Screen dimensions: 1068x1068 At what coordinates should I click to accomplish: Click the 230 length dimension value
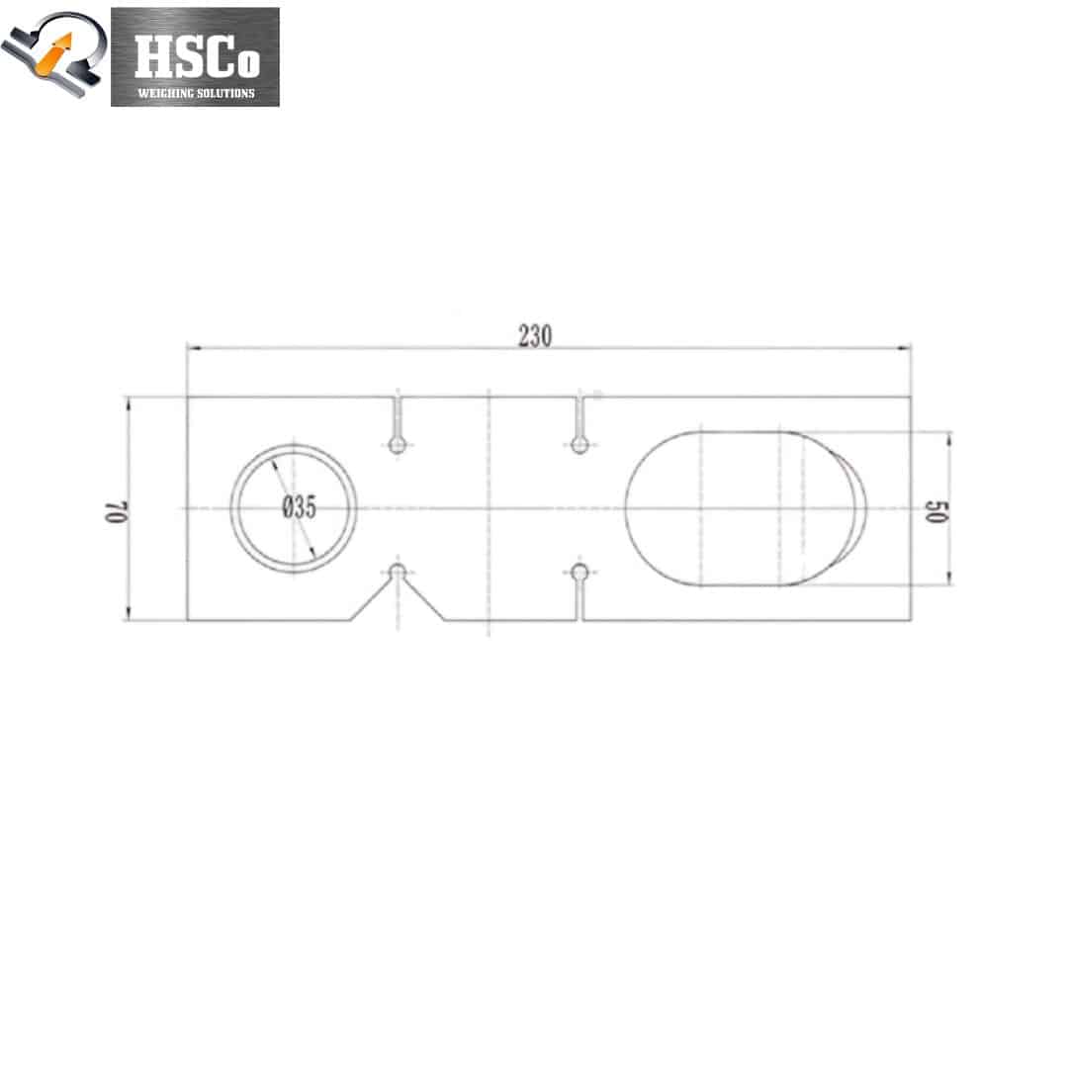535,336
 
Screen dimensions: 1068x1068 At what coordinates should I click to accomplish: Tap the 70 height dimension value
117,511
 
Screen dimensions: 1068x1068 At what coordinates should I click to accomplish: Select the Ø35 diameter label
300,506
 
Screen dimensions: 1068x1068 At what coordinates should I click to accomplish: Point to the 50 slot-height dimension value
936,511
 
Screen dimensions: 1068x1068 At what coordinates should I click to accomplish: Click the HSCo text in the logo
197,55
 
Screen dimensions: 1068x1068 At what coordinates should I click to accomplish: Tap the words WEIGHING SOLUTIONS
196,93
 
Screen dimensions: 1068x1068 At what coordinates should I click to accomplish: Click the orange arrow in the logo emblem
55,54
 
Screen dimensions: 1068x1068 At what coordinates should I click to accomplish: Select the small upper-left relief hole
398,445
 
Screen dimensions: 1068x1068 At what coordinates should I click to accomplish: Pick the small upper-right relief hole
579,445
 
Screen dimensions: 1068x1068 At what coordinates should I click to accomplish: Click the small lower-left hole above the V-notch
398,573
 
